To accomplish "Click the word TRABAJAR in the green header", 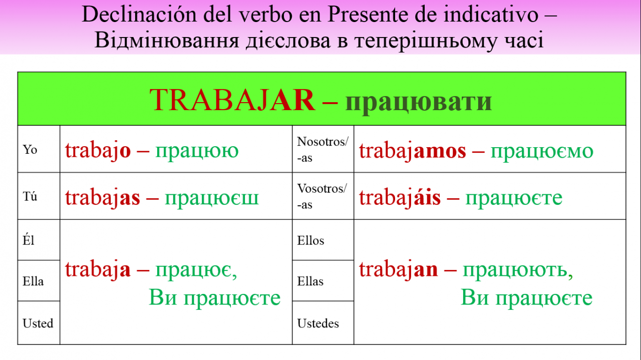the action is pos(232,100).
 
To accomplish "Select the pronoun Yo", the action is pos(30,149).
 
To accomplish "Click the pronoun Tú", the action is pos(30,196).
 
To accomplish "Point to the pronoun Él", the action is pos(29,239).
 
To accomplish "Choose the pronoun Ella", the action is pos(33,281).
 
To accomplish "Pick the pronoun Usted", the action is pos(38,323).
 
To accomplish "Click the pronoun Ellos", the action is pos(310,240).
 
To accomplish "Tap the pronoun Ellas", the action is pos(310,281).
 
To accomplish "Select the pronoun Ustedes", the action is pos(318,323).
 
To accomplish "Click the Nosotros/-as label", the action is pos(323,149).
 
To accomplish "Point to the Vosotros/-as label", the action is pos(322,196).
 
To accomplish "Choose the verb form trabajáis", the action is pos(400,197).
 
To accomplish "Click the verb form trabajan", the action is pos(398,269).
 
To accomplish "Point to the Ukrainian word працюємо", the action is pos(542,152).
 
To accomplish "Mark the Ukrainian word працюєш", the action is pos(212,199).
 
